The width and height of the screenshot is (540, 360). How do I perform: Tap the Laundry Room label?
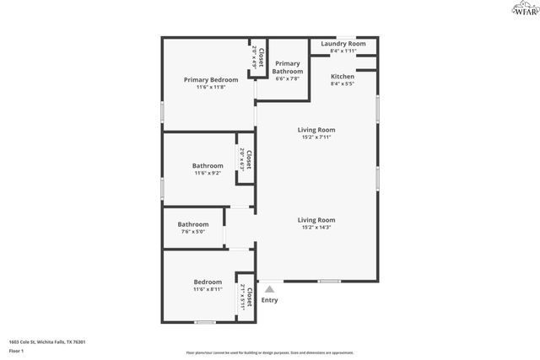(x=343, y=43)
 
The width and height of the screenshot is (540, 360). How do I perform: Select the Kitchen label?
(x=342, y=76)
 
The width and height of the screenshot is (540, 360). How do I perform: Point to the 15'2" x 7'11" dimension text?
(x=316, y=137)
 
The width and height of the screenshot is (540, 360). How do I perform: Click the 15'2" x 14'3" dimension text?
(x=316, y=228)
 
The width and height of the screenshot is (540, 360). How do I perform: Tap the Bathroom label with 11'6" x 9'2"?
(x=208, y=165)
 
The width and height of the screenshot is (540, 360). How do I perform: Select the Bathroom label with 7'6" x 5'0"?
(x=192, y=223)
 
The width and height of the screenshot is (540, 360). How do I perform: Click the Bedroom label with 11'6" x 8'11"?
(x=208, y=282)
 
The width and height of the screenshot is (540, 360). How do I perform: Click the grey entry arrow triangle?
(x=269, y=289)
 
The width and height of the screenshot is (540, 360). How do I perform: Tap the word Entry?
(x=269, y=300)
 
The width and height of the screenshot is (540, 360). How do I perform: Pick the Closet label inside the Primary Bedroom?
(x=262, y=57)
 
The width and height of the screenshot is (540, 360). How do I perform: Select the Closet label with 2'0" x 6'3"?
(x=249, y=159)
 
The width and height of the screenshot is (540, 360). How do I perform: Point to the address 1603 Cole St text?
(x=47, y=341)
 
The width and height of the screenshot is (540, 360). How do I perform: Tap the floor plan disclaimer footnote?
(x=270, y=352)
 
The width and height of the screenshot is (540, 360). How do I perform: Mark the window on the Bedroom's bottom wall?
(x=204, y=322)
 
